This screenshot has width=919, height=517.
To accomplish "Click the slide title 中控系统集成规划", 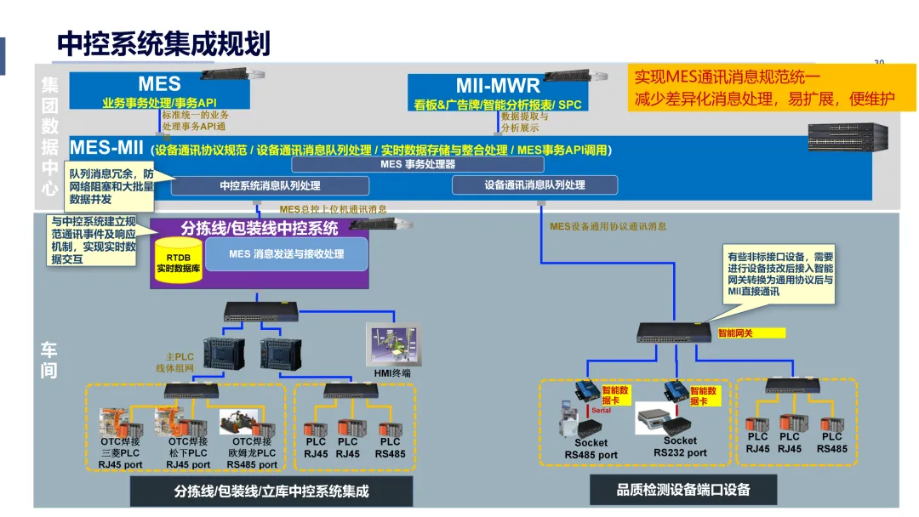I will [163, 43].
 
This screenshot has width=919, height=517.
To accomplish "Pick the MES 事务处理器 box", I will [418, 164].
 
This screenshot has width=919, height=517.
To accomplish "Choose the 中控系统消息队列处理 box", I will [271, 185].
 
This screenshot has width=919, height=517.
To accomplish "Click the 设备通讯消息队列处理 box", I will [534, 185].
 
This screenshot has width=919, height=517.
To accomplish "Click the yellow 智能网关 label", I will [735, 333].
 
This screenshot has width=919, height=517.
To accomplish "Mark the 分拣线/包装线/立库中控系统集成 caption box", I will [271, 491].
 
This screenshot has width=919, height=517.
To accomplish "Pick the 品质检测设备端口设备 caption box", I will [683, 489].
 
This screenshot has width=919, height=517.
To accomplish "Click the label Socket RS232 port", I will [680, 447].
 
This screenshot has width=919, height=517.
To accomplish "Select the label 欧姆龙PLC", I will [251, 453].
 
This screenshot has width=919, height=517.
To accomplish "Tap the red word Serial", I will [601, 411].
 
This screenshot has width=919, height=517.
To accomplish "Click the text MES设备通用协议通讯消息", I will [608, 227].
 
